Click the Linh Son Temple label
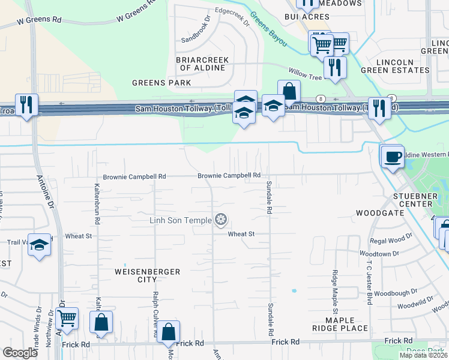pyautogui.click(x=180, y=221)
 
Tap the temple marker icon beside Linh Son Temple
pyautogui.click(x=221, y=220)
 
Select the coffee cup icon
pyautogui.click(x=393, y=157)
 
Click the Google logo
pyautogui.click(x=20, y=353)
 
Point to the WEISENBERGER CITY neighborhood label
pyautogui.click(x=147, y=276)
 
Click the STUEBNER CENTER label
pyautogui.click(x=417, y=200)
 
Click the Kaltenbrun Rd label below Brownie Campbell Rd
pyautogui.click(x=96, y=200)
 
